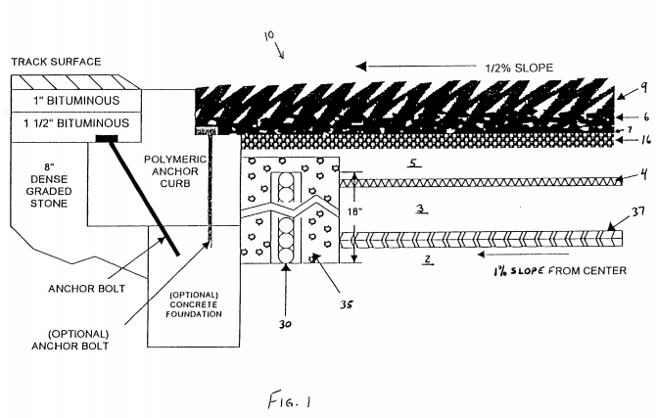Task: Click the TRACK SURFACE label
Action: tap(56, 62)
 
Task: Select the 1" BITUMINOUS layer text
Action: tap(76, 101)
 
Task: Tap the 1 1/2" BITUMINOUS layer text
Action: tap(76, 123)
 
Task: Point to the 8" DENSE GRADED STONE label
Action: tap(49, 185)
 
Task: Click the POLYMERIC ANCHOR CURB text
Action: tap(175, 171)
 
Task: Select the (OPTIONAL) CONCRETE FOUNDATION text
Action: tap(194, 304)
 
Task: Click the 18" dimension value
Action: tap(354, 211)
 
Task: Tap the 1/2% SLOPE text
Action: tap(519, 68)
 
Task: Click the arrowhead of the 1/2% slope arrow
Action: tap(360, 67)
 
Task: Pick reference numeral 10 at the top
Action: tap(269, 35)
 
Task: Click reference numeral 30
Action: tap(285, 324)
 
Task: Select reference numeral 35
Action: tap(346, 304)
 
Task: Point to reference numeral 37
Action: tap(637, 212)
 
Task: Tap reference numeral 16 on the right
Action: tap(645, 140)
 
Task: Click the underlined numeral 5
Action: tap(414, 163)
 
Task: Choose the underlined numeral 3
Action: tap(421, 209)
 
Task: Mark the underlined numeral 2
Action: tap(427, 259)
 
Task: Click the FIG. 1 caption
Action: tap(290, 400)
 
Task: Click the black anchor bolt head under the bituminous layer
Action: tap(107, 138)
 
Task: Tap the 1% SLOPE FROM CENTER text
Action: tap(560, 271)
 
